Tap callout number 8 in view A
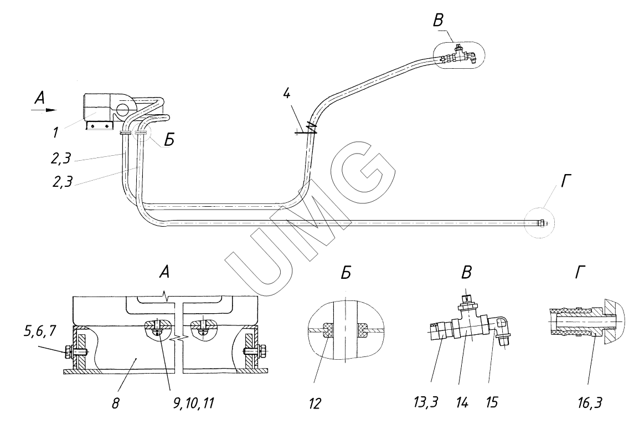(116, 403)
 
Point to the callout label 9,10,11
(190, 403)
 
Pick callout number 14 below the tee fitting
(462, 402)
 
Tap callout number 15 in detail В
(491, 402)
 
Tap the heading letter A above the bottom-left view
(164, 273)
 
